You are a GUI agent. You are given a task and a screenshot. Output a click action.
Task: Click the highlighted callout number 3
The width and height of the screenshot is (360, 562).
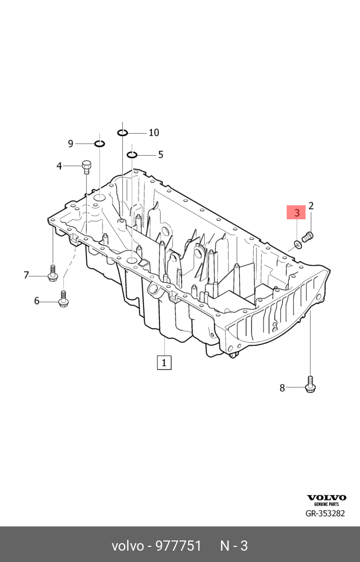pyautogui.click(x=296, y=213)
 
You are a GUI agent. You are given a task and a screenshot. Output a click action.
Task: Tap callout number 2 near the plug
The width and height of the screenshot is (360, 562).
pyautogui.click(x=311, y=206)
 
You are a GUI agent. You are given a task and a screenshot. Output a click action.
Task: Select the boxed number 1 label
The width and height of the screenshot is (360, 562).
pyautogui.click(x=164, y=362)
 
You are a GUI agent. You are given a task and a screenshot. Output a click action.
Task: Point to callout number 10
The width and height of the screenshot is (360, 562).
pyautogui.click(x=154, y=133)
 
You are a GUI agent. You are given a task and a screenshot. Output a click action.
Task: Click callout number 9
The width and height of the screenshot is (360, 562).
pyautogui.click(x=70, y=143)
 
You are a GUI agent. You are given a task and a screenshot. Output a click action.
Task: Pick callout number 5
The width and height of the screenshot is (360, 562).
pyautogui.click(x=160, y=155)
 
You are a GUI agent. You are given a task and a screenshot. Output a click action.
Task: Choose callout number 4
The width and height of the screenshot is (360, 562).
pyautogui.click(x=59, y=166)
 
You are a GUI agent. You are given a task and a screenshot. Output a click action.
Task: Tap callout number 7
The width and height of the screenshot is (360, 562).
pyautogui.click(x=26, y=275)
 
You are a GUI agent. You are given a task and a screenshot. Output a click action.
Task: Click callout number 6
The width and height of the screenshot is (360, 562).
pyautogui.click(x=37, y=301)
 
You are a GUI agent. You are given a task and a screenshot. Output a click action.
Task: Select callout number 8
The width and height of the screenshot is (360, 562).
pyautogui.click(x=282, y=387)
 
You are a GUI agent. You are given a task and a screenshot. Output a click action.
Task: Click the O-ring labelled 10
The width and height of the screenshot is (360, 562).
pyautogui.click(x=123, y=133)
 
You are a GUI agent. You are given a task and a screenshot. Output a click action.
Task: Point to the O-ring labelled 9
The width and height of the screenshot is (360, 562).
pyautogui.click(x=100, y=143)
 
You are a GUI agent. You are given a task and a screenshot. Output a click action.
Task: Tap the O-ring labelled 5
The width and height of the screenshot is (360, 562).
pyautogui.click(x=132, y=155)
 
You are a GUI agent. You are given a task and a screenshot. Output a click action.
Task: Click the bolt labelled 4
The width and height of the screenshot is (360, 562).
pyautogui.click(x=86, y=166)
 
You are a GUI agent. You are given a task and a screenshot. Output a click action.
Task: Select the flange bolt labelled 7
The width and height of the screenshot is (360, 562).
pyautogui.click(x=52, y=273)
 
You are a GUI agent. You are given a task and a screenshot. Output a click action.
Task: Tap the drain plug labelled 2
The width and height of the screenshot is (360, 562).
pyautogui.click(x=308, y=237)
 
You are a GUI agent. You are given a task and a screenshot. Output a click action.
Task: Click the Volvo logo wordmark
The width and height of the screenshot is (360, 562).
pyautogui.click(x=327, y=497)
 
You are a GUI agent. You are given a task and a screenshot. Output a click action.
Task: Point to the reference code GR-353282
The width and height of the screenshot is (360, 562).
pyautogui.click(x=326, y=514)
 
